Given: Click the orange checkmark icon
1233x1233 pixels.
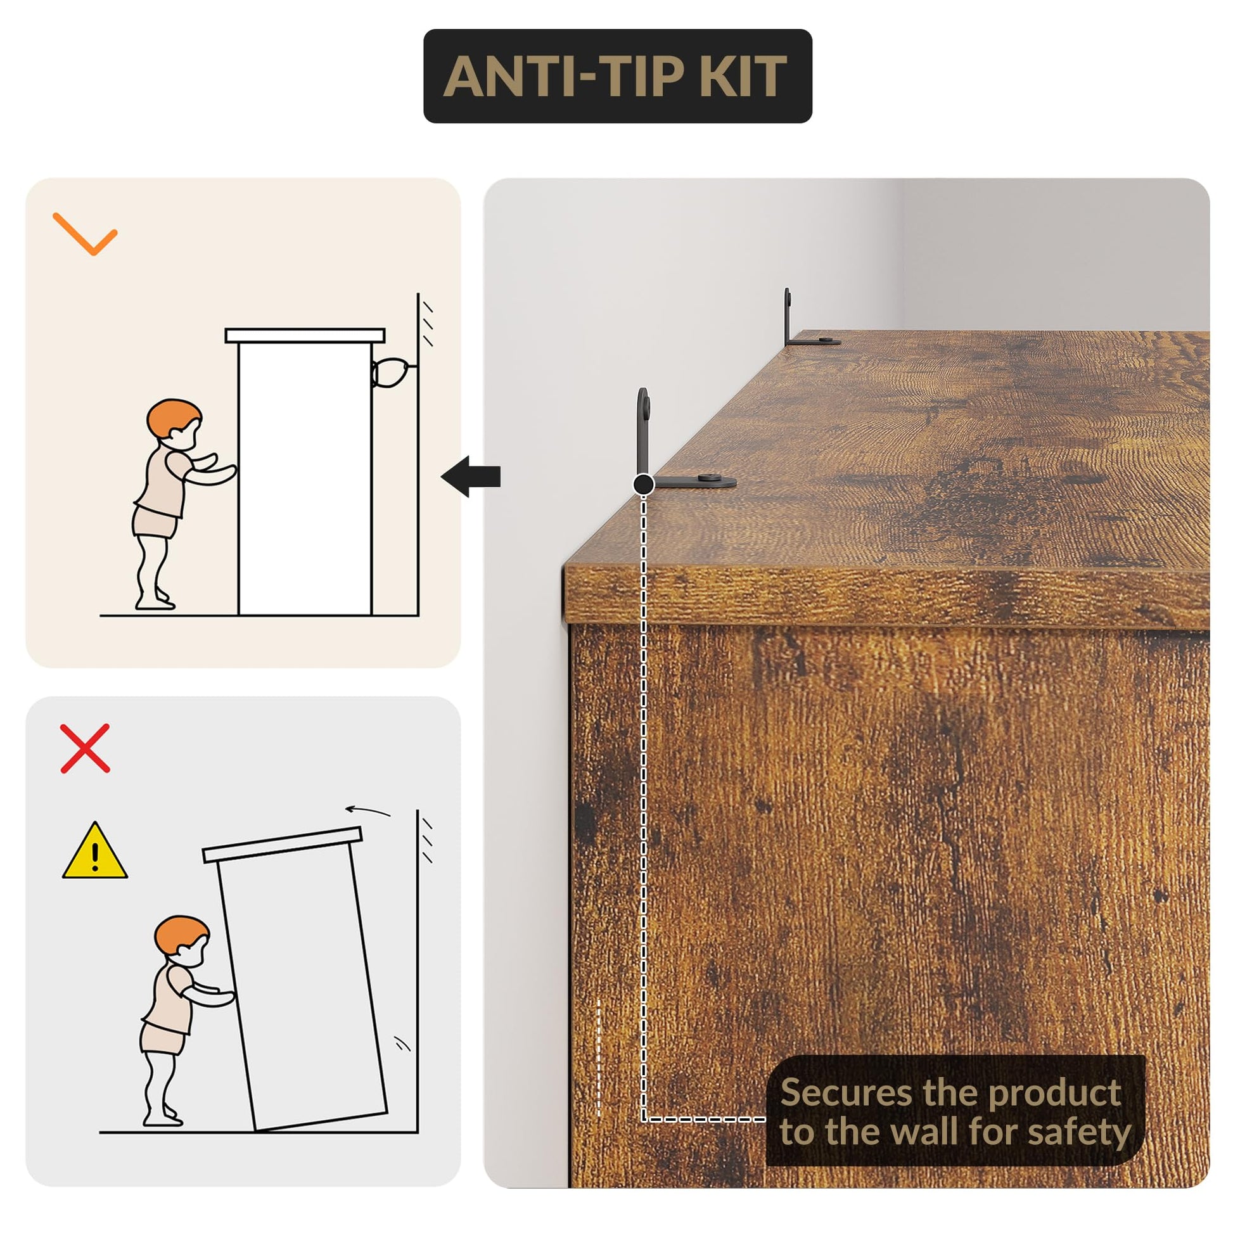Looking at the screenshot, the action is click(x=85, y=234).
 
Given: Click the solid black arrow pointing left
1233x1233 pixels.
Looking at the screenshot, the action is click(x=471, y=476).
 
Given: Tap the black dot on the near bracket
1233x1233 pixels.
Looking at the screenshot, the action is click(x=644, y=484).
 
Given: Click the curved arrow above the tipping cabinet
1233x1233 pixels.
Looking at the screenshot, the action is click(x=367, y=810).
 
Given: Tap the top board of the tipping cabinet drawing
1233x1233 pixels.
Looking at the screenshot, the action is click(x=282, y=845).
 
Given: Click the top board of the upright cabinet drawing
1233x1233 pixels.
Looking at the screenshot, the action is click(x=305, y=336).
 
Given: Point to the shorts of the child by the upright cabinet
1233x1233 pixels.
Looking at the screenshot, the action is click(x=155, y=521).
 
